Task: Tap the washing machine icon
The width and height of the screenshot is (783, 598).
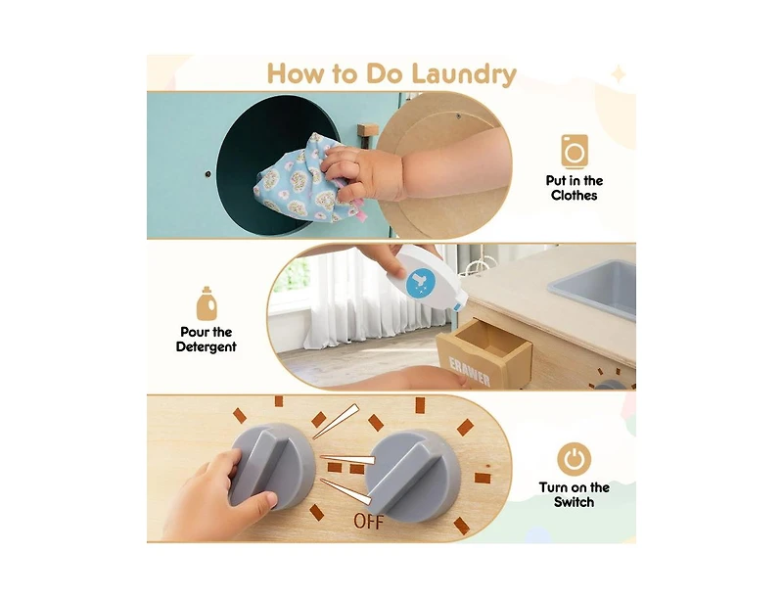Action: click(575, 151)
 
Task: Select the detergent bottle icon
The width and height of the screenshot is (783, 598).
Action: click(207, 303)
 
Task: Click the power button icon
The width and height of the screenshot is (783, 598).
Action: click(574, 458)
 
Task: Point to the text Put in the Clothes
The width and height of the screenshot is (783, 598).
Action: click(575, 188)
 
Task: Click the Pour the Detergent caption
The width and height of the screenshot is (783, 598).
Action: click(207, 340)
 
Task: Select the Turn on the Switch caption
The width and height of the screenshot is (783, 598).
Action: click(574, 495)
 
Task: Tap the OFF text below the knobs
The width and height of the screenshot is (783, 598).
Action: click(369, 522)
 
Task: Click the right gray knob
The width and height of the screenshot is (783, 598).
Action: click(412, 474)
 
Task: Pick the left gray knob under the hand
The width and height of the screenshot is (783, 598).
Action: click(272, 464)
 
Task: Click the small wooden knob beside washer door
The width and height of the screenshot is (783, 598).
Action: click(368, 129)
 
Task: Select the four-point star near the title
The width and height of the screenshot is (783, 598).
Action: click(618, 74)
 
